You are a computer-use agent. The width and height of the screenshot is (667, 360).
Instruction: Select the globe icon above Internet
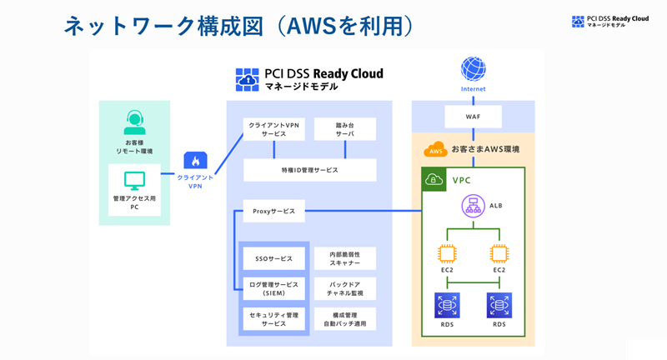[473, 68]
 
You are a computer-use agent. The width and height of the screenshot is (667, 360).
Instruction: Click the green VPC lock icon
[434, 179]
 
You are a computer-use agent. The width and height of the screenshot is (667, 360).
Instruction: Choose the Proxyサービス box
[274, 212]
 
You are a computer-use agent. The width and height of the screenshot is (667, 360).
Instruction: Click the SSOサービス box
[273, 258]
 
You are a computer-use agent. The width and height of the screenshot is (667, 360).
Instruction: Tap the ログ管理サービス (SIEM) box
[273, 288]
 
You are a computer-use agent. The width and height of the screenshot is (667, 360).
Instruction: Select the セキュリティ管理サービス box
[273, 318]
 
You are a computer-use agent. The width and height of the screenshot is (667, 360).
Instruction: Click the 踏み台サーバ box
[345, 128]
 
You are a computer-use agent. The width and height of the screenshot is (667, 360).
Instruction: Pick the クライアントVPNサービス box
[274, 128]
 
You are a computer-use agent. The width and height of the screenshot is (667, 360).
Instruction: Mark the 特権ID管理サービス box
[309, 169]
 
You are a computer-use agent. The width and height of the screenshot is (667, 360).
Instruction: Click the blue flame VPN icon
[196, 160]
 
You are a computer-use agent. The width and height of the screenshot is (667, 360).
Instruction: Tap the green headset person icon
[134, 122]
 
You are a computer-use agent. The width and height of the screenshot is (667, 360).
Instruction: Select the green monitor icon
[134, 180]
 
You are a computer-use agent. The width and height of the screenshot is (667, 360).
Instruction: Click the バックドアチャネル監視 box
[345, 288]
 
